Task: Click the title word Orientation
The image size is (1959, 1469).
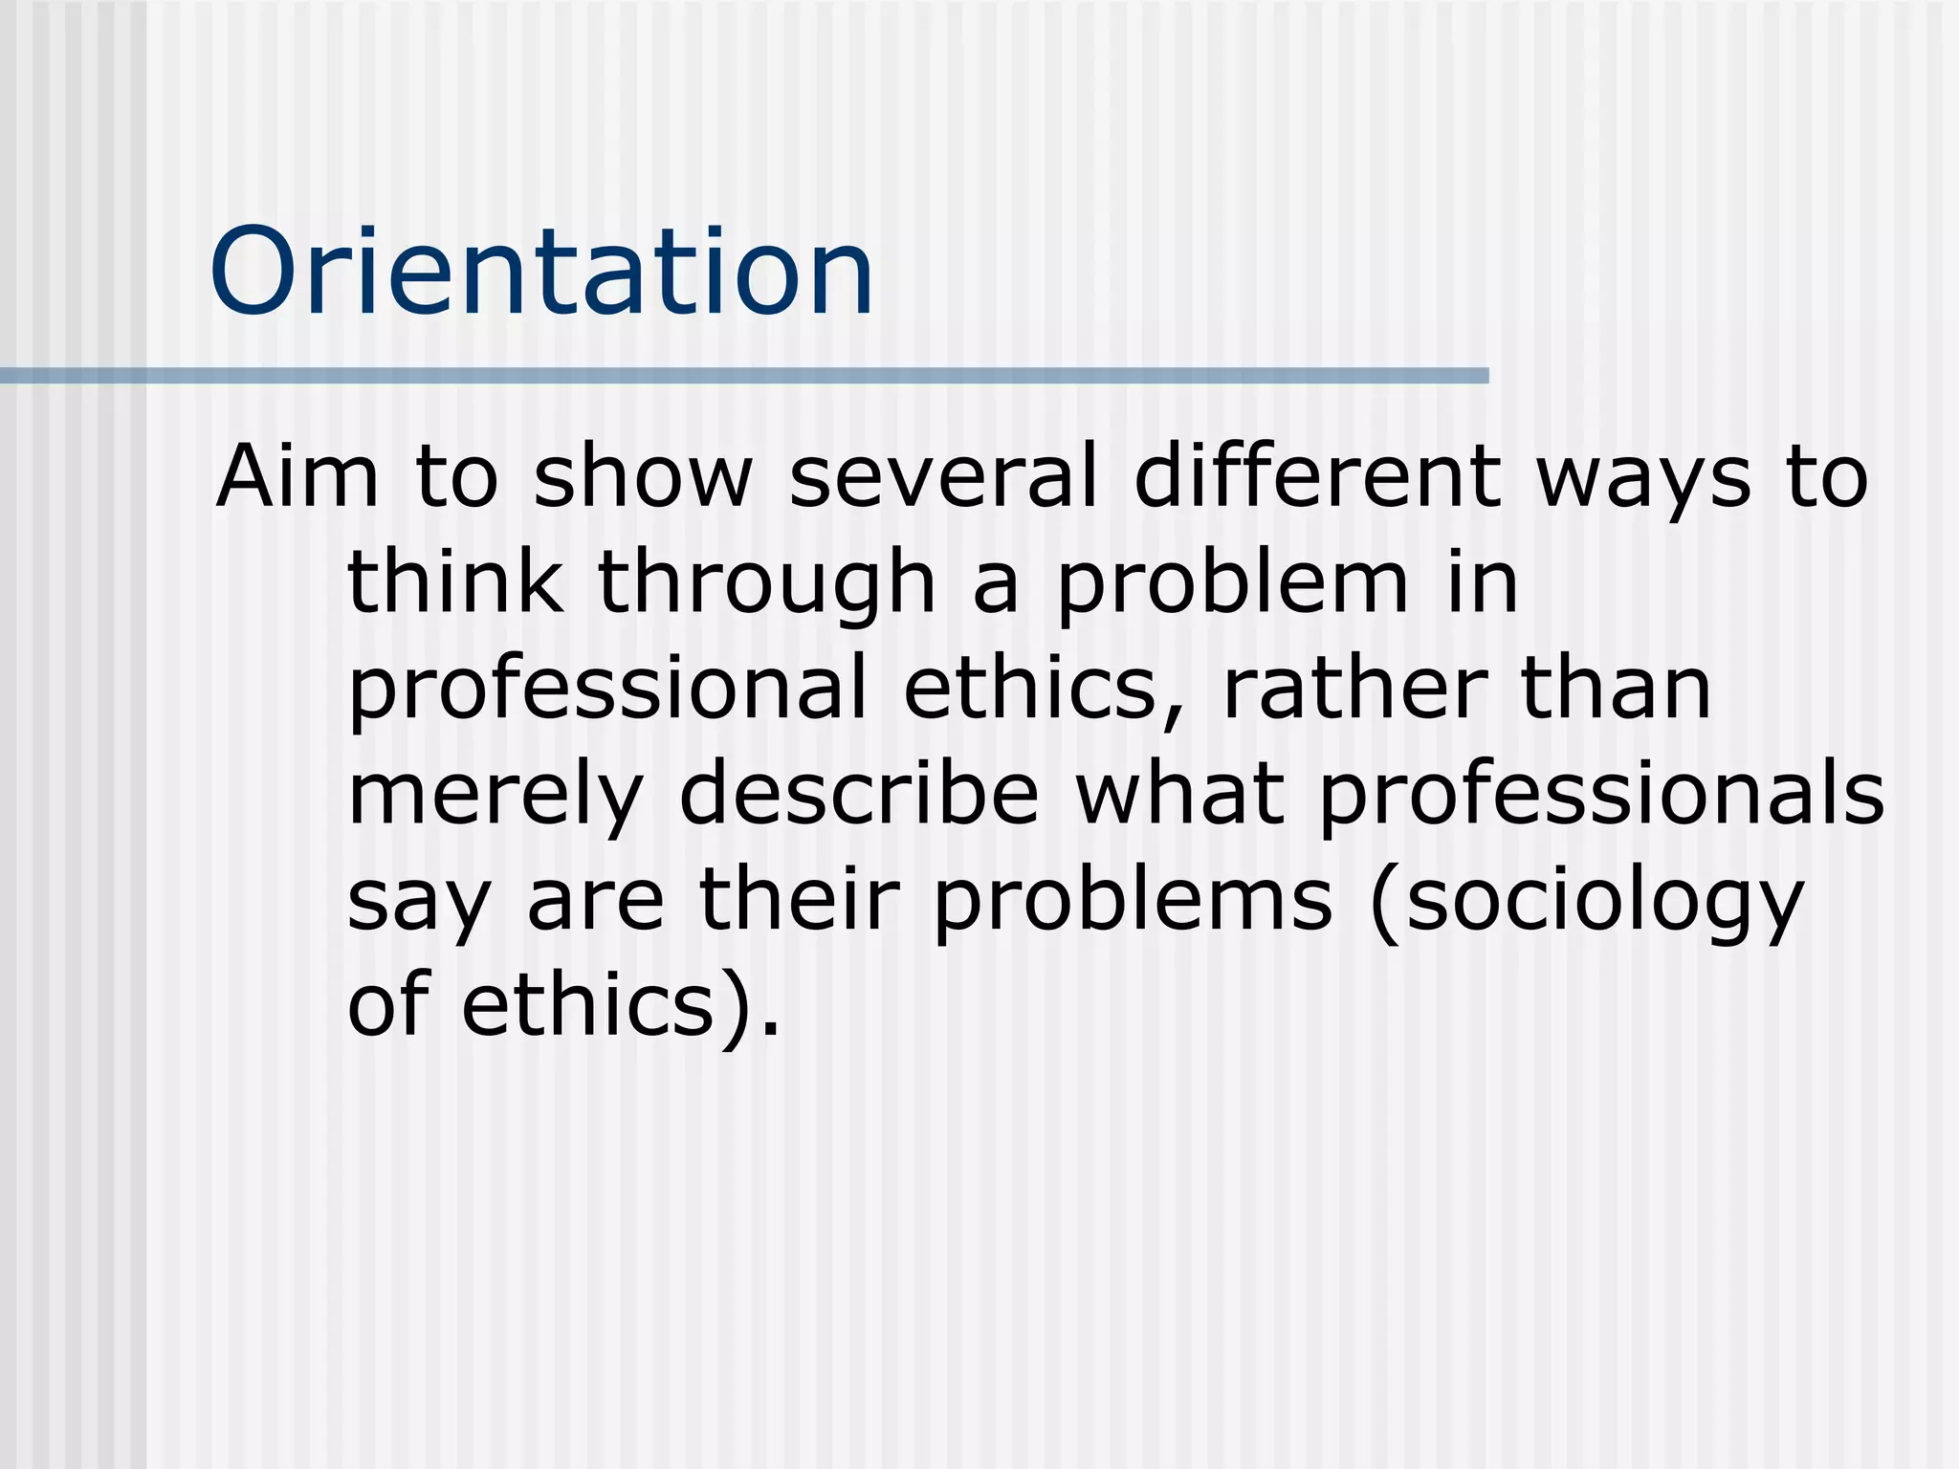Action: click(x=541, y=272)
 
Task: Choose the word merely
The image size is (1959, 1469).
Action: click(x=495, y=796)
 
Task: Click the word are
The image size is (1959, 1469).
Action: click(x=595, y=902)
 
